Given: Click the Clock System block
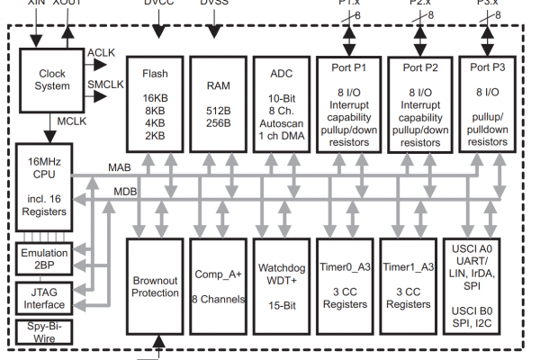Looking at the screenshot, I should point(45,80).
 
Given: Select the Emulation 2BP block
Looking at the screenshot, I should point(43,259).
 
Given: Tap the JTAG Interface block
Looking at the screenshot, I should point(43,298).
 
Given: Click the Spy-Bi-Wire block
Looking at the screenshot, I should point(43,333).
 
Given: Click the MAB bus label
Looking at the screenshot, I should point(120,167).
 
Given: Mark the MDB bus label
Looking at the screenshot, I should point(125,191).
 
